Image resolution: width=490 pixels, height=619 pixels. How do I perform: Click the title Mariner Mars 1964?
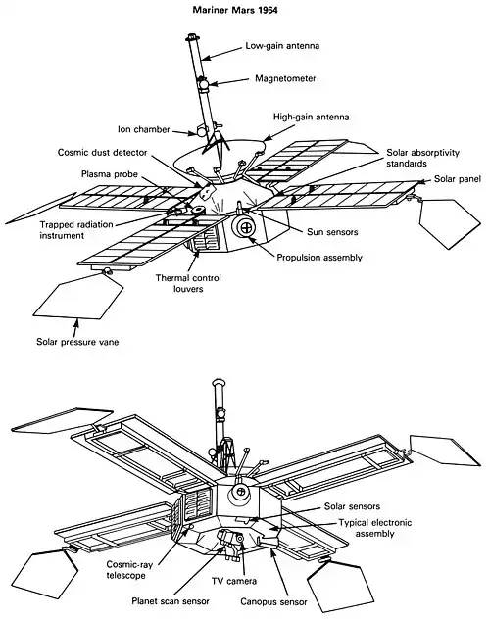point(235,10)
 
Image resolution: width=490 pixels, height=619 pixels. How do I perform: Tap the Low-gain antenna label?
point(282,46)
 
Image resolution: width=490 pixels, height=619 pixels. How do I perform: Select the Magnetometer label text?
point(285,78)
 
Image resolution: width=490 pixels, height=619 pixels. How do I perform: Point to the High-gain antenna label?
point(311,117)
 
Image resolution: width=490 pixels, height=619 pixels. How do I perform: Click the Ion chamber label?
point(144,129)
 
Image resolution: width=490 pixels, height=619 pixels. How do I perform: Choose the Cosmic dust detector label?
point(102,153)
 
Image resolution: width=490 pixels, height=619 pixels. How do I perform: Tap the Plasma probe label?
point(110,174)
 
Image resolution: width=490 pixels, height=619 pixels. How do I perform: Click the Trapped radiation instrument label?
point(76,230)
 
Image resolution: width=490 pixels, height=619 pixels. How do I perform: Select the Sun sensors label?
point(332,232)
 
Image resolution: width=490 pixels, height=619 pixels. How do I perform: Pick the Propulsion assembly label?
point(319,258)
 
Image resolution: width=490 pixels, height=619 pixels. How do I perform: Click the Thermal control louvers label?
point(188,283)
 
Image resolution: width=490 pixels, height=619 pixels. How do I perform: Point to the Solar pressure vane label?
point(77,342)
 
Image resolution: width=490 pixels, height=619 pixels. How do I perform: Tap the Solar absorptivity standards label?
point(423,158)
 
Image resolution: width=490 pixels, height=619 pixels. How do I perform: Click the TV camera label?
point(234,581)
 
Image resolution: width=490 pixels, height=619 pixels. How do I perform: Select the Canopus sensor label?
point(273,602)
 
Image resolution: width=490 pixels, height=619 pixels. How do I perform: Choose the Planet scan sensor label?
point(171,601)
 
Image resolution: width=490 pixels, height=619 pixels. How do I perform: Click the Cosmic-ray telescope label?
point(129,570)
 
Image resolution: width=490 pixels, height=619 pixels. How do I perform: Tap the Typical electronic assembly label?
point(375,528)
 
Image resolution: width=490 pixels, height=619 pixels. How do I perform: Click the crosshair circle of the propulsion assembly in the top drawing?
point(247,227)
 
